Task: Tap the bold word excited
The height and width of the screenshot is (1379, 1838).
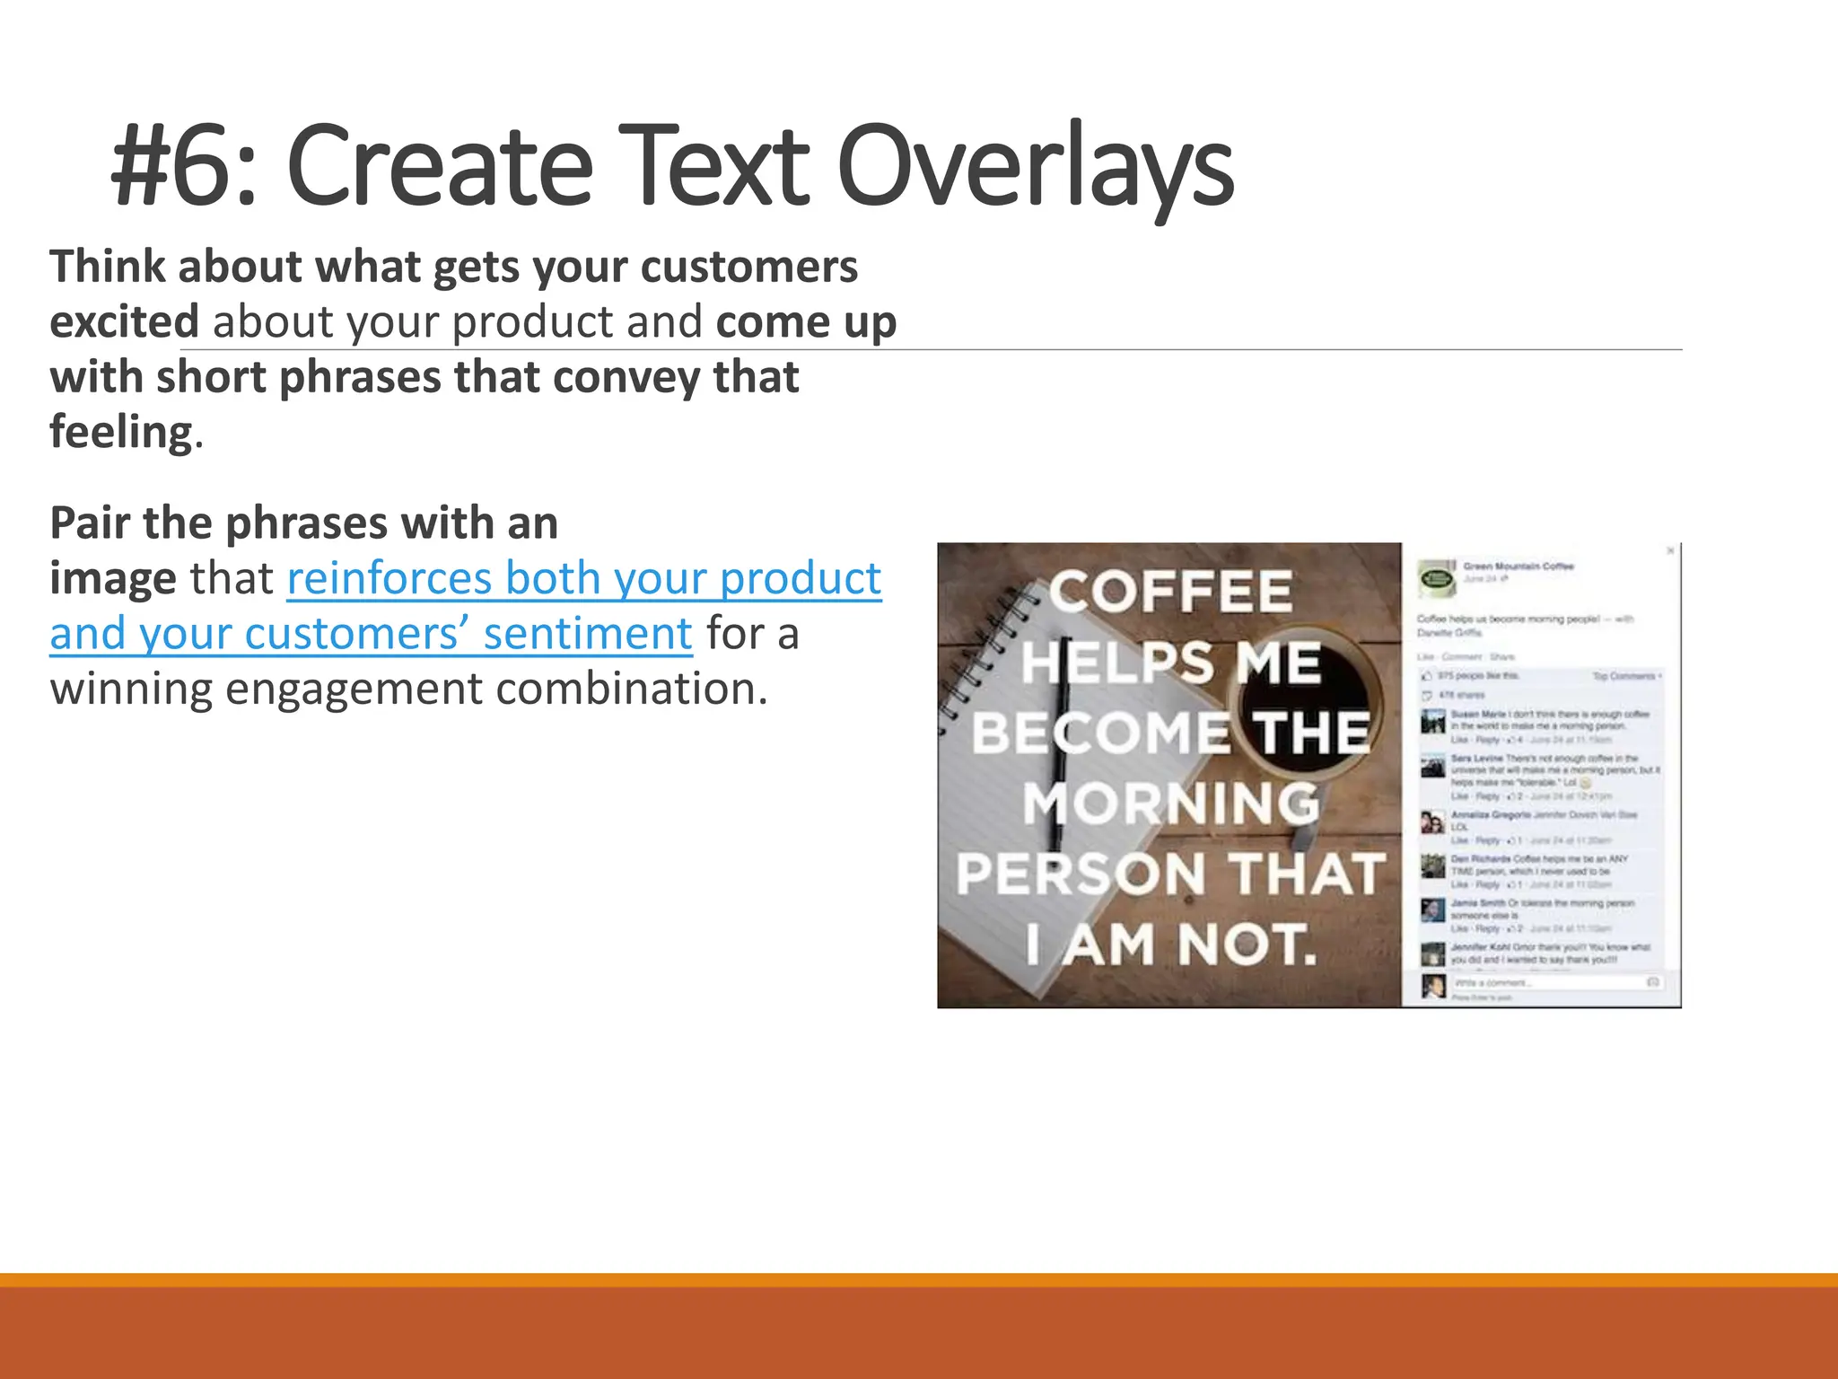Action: coord(124,322)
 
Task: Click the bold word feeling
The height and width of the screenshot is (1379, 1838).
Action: coord(121,432)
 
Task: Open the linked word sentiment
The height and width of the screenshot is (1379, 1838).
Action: coord(587,634)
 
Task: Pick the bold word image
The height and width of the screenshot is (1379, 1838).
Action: coord(112,578)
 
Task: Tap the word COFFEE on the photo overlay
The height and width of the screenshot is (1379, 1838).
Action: coord(1170,593)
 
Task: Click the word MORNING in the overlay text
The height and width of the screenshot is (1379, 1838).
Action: coord(1170,804)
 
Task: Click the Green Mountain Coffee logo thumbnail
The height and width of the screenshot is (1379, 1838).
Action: coord(1436,578)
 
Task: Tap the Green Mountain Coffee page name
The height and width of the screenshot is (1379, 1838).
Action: coord(1518,567)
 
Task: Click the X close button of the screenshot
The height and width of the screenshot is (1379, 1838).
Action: coord(1669,550)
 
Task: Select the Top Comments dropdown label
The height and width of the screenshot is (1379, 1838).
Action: coord(1626,676)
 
